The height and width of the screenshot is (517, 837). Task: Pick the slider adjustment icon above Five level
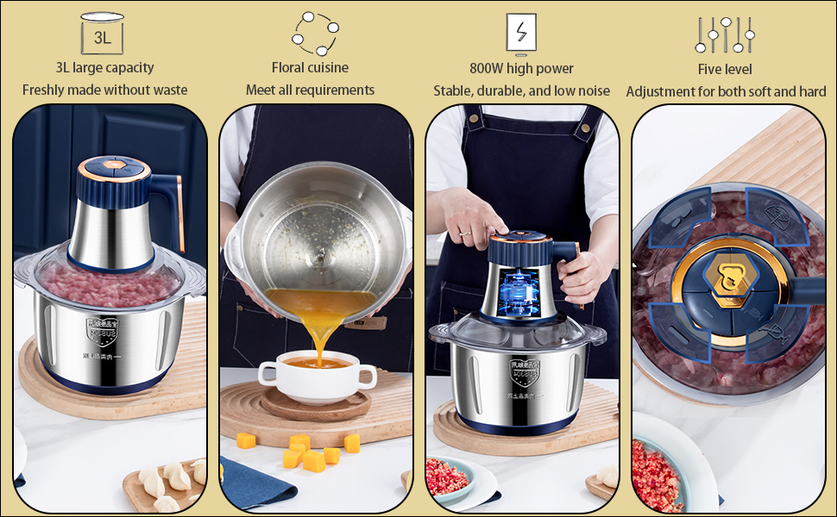pyautogui.click(x=725, y=34)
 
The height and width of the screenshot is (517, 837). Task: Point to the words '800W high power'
pyautogui.click(x=521, y=68)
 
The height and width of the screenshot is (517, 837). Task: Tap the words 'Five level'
pyautogui.click(x=725, y=69)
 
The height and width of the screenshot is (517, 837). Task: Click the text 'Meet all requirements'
pyautogui.click(x=310, y=90)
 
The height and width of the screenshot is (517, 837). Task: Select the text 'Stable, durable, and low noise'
pyautogui.click(x=521, y=90)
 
